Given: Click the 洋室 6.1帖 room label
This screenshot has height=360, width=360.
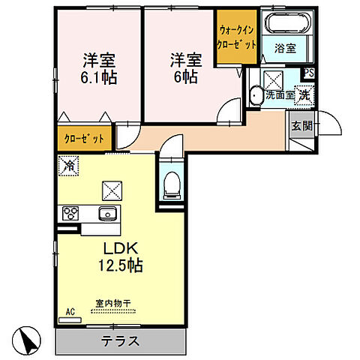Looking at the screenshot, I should tap(97, 68).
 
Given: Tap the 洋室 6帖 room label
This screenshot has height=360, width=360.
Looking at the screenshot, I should tap(184, 68).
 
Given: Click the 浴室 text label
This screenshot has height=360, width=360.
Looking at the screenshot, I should tap(284, 49).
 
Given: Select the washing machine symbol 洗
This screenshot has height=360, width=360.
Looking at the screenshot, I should tap(305, 95).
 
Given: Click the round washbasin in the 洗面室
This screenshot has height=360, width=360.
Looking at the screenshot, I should tap(256, 94).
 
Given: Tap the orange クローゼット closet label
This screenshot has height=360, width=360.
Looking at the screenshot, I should tap(83, 138).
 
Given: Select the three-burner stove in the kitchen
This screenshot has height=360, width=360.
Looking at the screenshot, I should tap(73, 214).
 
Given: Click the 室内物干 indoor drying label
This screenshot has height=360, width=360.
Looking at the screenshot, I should tap(112, 304).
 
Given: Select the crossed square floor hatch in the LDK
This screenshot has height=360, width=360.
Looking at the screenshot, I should tap(112, 190).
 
